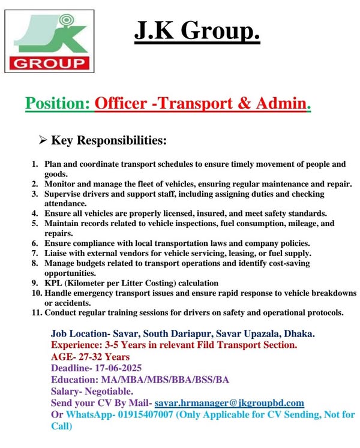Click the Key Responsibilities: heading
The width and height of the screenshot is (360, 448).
pyautogui.click(x=109, y=141)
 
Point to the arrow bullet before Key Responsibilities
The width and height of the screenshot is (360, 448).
pyautogui.click(x=43, y=141)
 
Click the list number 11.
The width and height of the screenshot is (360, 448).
pyautogui.click(x=35, y=312)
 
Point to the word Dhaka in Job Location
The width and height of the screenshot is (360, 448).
pyautogui.click(x=306, y=333)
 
